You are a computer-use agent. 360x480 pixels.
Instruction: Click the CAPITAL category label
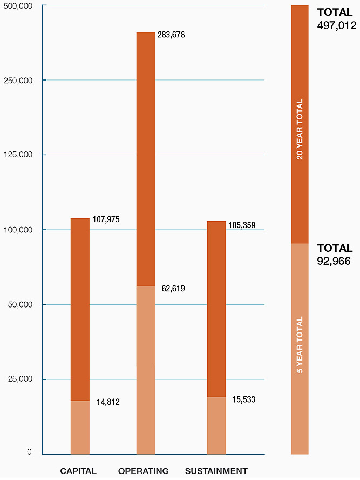(x=78, y=471)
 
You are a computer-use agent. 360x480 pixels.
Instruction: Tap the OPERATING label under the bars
(x=144, y=471)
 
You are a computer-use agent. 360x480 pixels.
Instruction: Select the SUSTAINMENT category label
(x=216, y=471)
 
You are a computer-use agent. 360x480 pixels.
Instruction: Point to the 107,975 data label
(x=106, y=219)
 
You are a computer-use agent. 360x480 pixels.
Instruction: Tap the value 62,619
(x=173, y=289)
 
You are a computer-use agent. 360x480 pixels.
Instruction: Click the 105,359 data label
(x=241, y=225)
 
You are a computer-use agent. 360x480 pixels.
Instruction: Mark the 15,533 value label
(x=241, y=400)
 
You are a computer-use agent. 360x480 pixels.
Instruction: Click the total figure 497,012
(x=337, y=25)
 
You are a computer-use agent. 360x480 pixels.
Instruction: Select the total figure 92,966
(x=334, y=262)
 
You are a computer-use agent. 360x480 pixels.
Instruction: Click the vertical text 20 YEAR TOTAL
(x=300, y=129)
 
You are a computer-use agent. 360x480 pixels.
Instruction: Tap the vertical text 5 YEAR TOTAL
(x=300, y=345)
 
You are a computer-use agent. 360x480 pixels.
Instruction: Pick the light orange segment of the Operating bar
(x=146, y=370)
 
